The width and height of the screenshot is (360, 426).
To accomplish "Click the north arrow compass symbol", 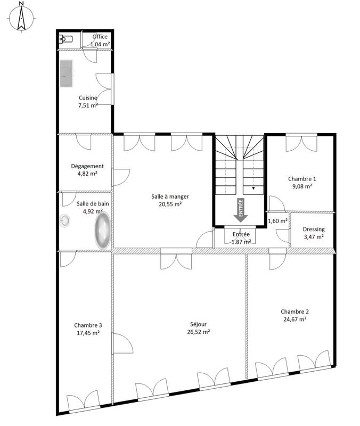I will tap(21, 17).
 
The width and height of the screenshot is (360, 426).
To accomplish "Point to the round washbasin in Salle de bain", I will tap(65, 220).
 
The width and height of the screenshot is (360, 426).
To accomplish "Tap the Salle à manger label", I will tap(170, 196).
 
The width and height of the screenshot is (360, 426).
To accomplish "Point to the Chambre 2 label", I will tap(294, 312).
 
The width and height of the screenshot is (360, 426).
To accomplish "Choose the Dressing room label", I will tap(314, 230).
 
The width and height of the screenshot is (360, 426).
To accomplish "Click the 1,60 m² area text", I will tap(277, 220).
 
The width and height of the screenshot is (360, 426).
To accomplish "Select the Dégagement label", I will tap(87, 166).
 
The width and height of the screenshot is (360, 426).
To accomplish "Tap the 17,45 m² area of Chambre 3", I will tap(88, 333).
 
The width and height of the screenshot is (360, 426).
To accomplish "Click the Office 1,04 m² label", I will tap(100, 40).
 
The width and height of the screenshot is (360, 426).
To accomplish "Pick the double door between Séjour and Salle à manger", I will tap(175, 259).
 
